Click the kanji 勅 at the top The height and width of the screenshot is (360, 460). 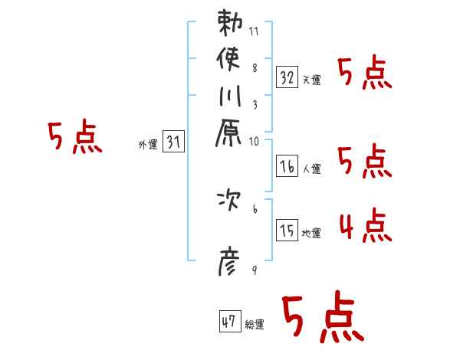tap(230, 23)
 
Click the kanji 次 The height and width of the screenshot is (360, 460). tap(230, 202)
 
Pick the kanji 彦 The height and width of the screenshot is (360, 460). tap(230, 264)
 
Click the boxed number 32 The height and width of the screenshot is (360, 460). tap(287, 77)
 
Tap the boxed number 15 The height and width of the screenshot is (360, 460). tap(287, 231)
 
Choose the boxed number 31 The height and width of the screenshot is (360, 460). tap(174, 142)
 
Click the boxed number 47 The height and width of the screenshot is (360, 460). tap(229, 322)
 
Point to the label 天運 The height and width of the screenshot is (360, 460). tap(311, 80)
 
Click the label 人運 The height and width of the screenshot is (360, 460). tap(311, 169)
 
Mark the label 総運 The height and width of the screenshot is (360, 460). tap(254, 325)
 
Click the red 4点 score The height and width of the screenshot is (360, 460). tap(365, 227)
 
